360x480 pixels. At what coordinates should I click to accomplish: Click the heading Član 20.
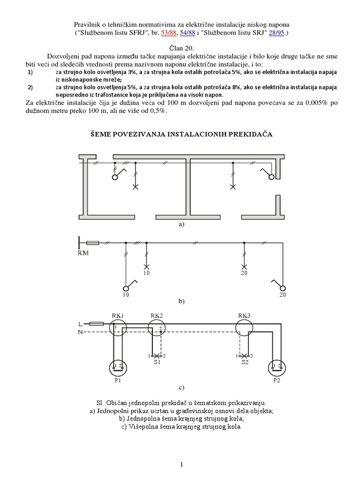click(180, 48)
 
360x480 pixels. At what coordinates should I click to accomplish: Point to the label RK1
click(117, 315)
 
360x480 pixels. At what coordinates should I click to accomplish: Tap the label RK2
click(156, 315)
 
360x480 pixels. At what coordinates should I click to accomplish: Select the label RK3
click(244, 315)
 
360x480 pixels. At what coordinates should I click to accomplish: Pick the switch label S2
click(244, 362)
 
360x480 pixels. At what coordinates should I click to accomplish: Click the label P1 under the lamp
click(117, 381)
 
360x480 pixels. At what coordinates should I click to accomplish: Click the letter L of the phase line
click(79, 323)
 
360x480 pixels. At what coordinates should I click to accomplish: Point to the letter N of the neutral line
click(80, 332)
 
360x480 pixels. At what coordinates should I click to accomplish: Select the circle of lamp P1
click(117, 367)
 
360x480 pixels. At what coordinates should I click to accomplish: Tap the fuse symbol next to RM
click(93, 243)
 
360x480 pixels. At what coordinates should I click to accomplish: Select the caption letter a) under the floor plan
click(181, 225)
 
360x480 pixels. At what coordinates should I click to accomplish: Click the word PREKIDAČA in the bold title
click(251, 134)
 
